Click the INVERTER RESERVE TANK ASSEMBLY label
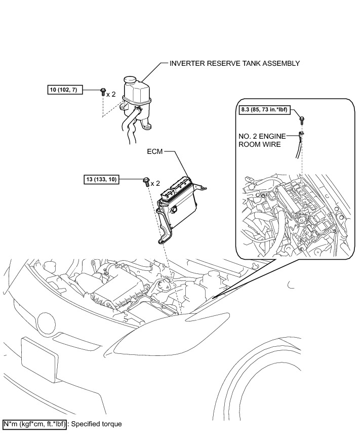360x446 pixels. click(235, 64)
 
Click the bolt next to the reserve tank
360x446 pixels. click(103, 92)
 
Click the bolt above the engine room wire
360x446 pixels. click(302, 119)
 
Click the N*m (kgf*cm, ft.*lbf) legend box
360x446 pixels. click(34, 424)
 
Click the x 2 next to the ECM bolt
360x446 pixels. click(155, 183)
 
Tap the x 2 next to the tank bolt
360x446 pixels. click(111, 95)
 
